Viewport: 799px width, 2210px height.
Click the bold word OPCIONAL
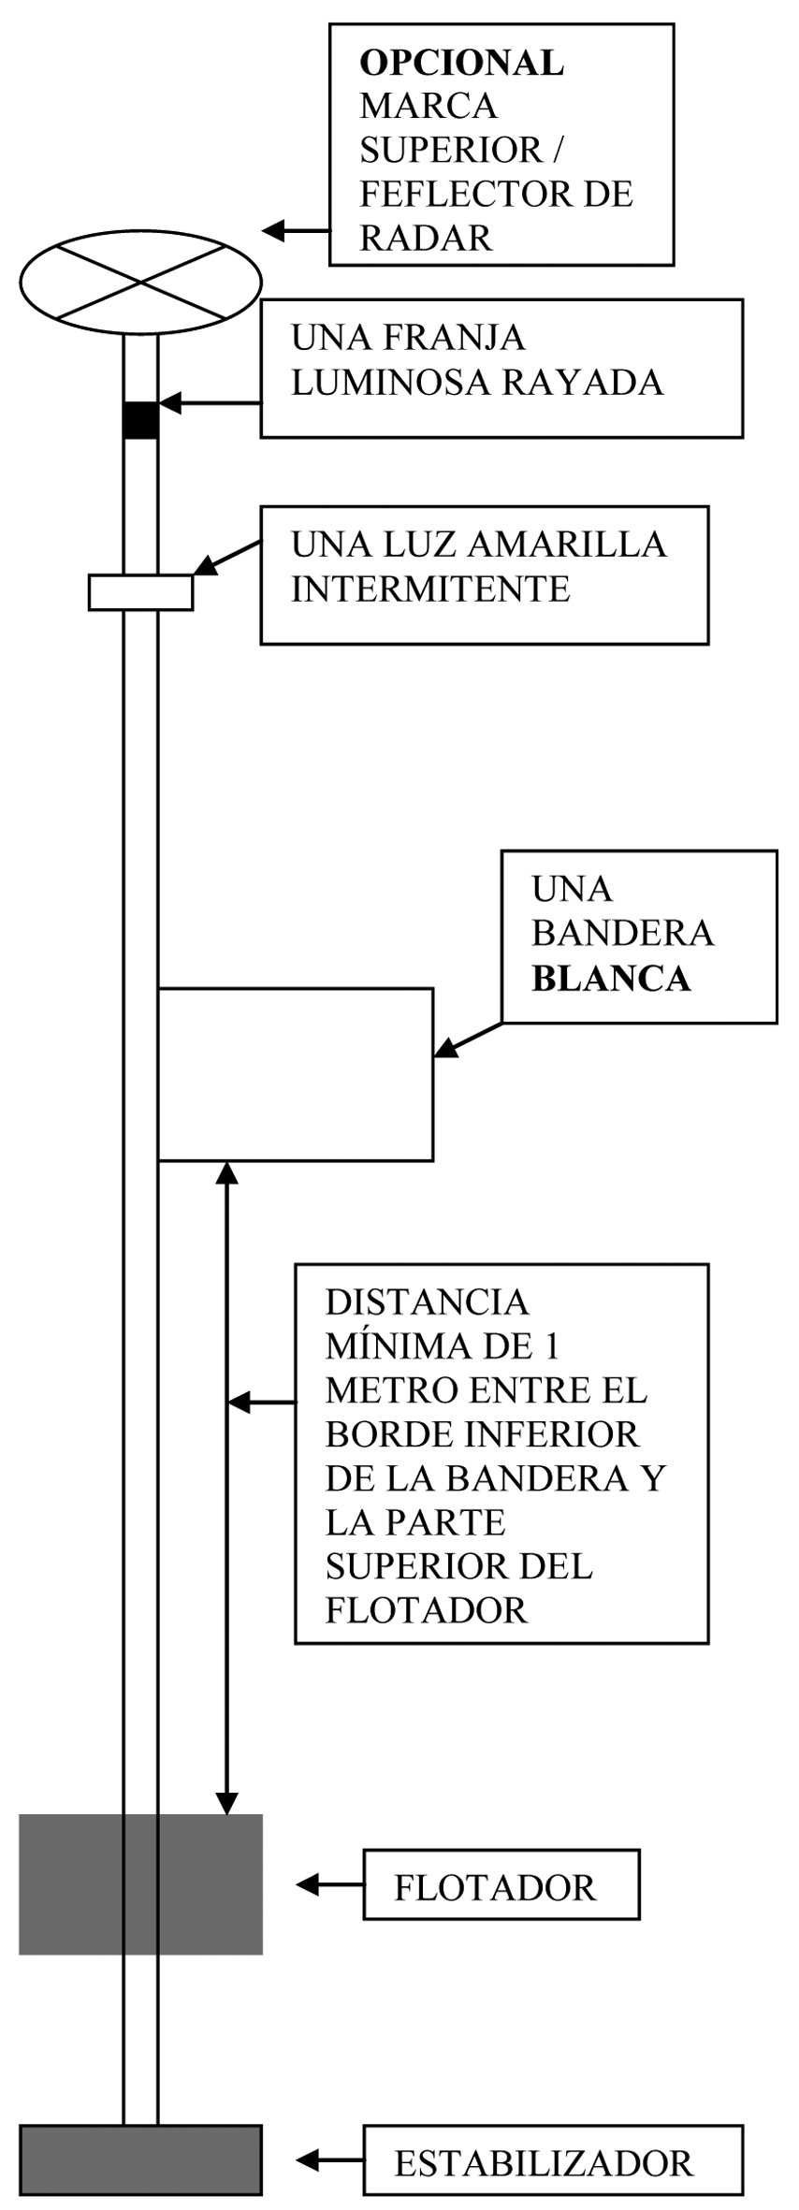coord(462,63)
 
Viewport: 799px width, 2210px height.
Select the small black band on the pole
coord(140,419)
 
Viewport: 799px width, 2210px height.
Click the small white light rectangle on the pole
coord(140,592)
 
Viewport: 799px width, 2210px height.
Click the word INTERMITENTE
coord(430,589)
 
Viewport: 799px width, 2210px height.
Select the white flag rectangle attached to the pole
coord(296,1073)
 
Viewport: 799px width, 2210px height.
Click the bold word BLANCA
coord(611,979)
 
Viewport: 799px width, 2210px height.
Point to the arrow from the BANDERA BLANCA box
coord(468,1040)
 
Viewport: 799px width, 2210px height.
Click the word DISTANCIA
coord(427,1301)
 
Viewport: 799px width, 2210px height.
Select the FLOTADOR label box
coord(501,1884)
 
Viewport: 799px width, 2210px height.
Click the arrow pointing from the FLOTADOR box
coord(329,1884)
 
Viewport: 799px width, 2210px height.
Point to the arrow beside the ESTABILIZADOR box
coord(329,2160)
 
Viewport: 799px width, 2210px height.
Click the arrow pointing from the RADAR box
coord(295,230)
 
